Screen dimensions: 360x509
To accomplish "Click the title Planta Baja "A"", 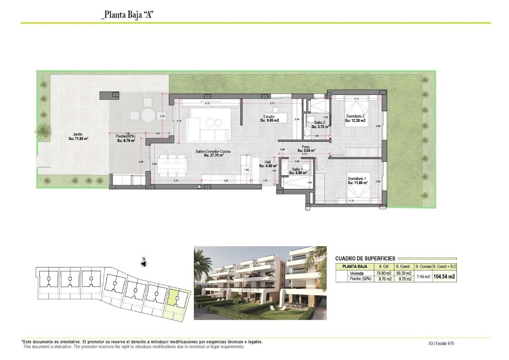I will point(127,15).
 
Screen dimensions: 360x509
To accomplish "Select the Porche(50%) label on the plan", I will point(126,138).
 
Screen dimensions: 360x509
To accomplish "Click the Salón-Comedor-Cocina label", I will point(213,153).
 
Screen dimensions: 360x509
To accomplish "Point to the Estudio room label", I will point(269,118).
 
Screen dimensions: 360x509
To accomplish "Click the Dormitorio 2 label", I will point(355,118).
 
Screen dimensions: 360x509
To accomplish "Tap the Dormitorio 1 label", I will point(357,180).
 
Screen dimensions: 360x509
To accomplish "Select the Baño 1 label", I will point(297,171).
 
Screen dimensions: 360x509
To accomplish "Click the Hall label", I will point(268,164).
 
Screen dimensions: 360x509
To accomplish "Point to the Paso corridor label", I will point(305,149).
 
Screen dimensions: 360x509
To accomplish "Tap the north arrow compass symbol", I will point(144,264).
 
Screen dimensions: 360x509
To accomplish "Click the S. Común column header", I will point(423,266).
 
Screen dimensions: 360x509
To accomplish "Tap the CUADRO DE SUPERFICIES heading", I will point(365,259).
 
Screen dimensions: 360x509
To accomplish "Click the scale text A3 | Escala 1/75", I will point(441,343).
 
